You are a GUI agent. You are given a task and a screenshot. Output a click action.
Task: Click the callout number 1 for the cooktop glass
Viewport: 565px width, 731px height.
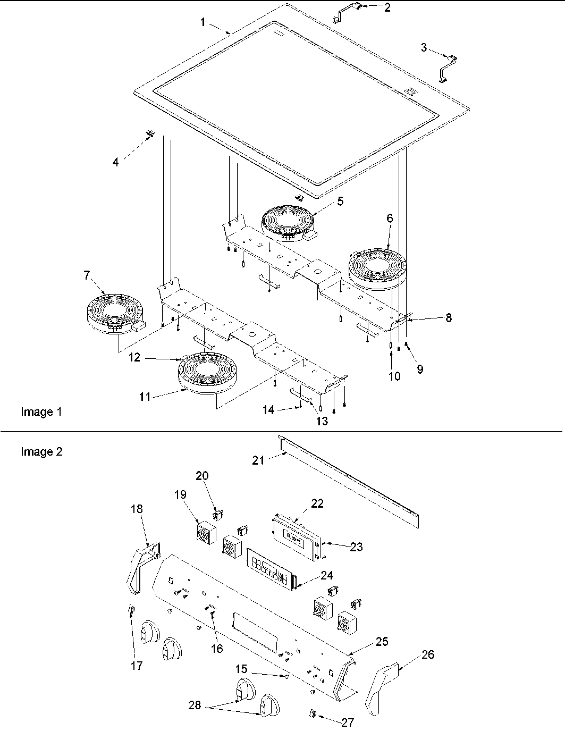(x=203, y=22)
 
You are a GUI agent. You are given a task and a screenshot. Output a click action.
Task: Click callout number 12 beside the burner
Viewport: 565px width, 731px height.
(x=134, y=358)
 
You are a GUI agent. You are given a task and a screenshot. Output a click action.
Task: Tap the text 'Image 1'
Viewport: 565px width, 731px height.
(x=41, y=411)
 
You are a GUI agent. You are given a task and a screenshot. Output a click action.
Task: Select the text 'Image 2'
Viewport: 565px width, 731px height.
(x=41, y=452)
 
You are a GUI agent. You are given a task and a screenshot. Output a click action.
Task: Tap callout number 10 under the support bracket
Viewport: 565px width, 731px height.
(x=394, y=376)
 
